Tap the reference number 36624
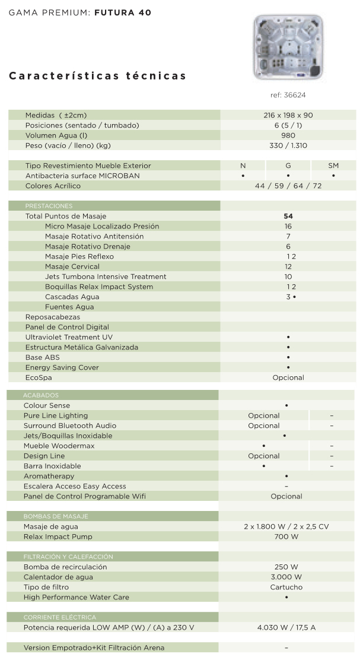point(288,95)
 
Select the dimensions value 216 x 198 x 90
point(288,115)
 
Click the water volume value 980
point(288,135)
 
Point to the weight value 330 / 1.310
point(288,145)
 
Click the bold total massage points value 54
point(288,217)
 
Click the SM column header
point(333,166)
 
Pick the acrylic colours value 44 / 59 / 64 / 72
point(288,186)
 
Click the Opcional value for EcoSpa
point(288,377)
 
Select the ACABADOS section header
point(41,395)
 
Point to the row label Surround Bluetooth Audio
point(70,426)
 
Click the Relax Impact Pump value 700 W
point(286,536)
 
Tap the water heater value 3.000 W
point(286,577)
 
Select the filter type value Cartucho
point(286,587)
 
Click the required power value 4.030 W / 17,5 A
point(286,627)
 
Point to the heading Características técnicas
point(98,76)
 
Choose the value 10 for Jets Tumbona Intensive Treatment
point(288,277)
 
